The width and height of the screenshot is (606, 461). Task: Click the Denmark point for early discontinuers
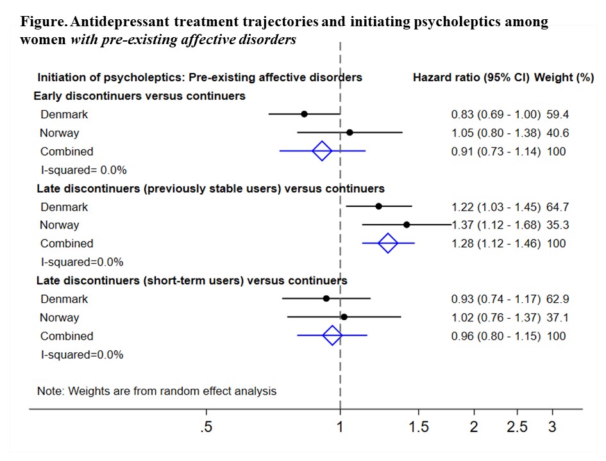point(304,114)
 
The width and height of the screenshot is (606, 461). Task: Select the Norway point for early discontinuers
point(349,133)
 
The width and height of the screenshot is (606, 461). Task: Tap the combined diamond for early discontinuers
point(322,151)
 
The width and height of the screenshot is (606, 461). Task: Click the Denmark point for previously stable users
point(378,206)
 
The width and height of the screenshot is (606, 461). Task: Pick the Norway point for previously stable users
point(407,225)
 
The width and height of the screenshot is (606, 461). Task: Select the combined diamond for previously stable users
point(388,243)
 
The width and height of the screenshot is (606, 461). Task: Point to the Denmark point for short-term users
point(326,298)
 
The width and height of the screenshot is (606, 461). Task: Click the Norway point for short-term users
point(344,316)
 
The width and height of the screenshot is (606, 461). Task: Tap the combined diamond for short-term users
point(332,335)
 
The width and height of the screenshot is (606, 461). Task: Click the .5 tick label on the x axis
point(206,428)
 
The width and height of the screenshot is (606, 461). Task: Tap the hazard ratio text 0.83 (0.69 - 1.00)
point(496,115)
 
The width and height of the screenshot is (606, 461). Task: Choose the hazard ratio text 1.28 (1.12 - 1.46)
point(496,243)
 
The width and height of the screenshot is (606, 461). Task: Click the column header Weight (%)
point(565,77)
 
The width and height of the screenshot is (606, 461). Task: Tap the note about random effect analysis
point(157,391)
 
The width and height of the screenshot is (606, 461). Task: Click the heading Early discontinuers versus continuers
point(140,96)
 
